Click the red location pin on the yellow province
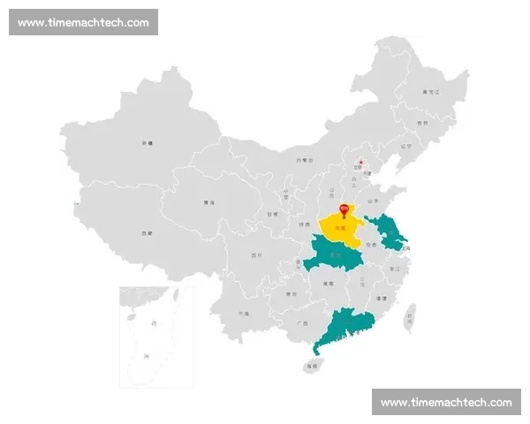coord(344,209)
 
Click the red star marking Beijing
coord(360,163)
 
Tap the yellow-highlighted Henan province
coord(339,229)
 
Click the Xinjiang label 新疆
coord(148,142)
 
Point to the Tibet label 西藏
coord(146,233)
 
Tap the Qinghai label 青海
coord(208,203)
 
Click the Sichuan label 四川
coord(256,255)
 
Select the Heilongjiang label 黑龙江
coord(431,92)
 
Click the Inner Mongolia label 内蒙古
coord(304,160)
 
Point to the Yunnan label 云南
coord(243,313)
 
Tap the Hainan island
coord(312,365)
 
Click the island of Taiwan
coord(409,318)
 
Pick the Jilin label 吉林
coord(421,123)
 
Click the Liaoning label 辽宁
coord(405,146)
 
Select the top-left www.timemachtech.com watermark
coord(84,22)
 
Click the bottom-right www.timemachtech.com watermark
coord(446,402)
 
